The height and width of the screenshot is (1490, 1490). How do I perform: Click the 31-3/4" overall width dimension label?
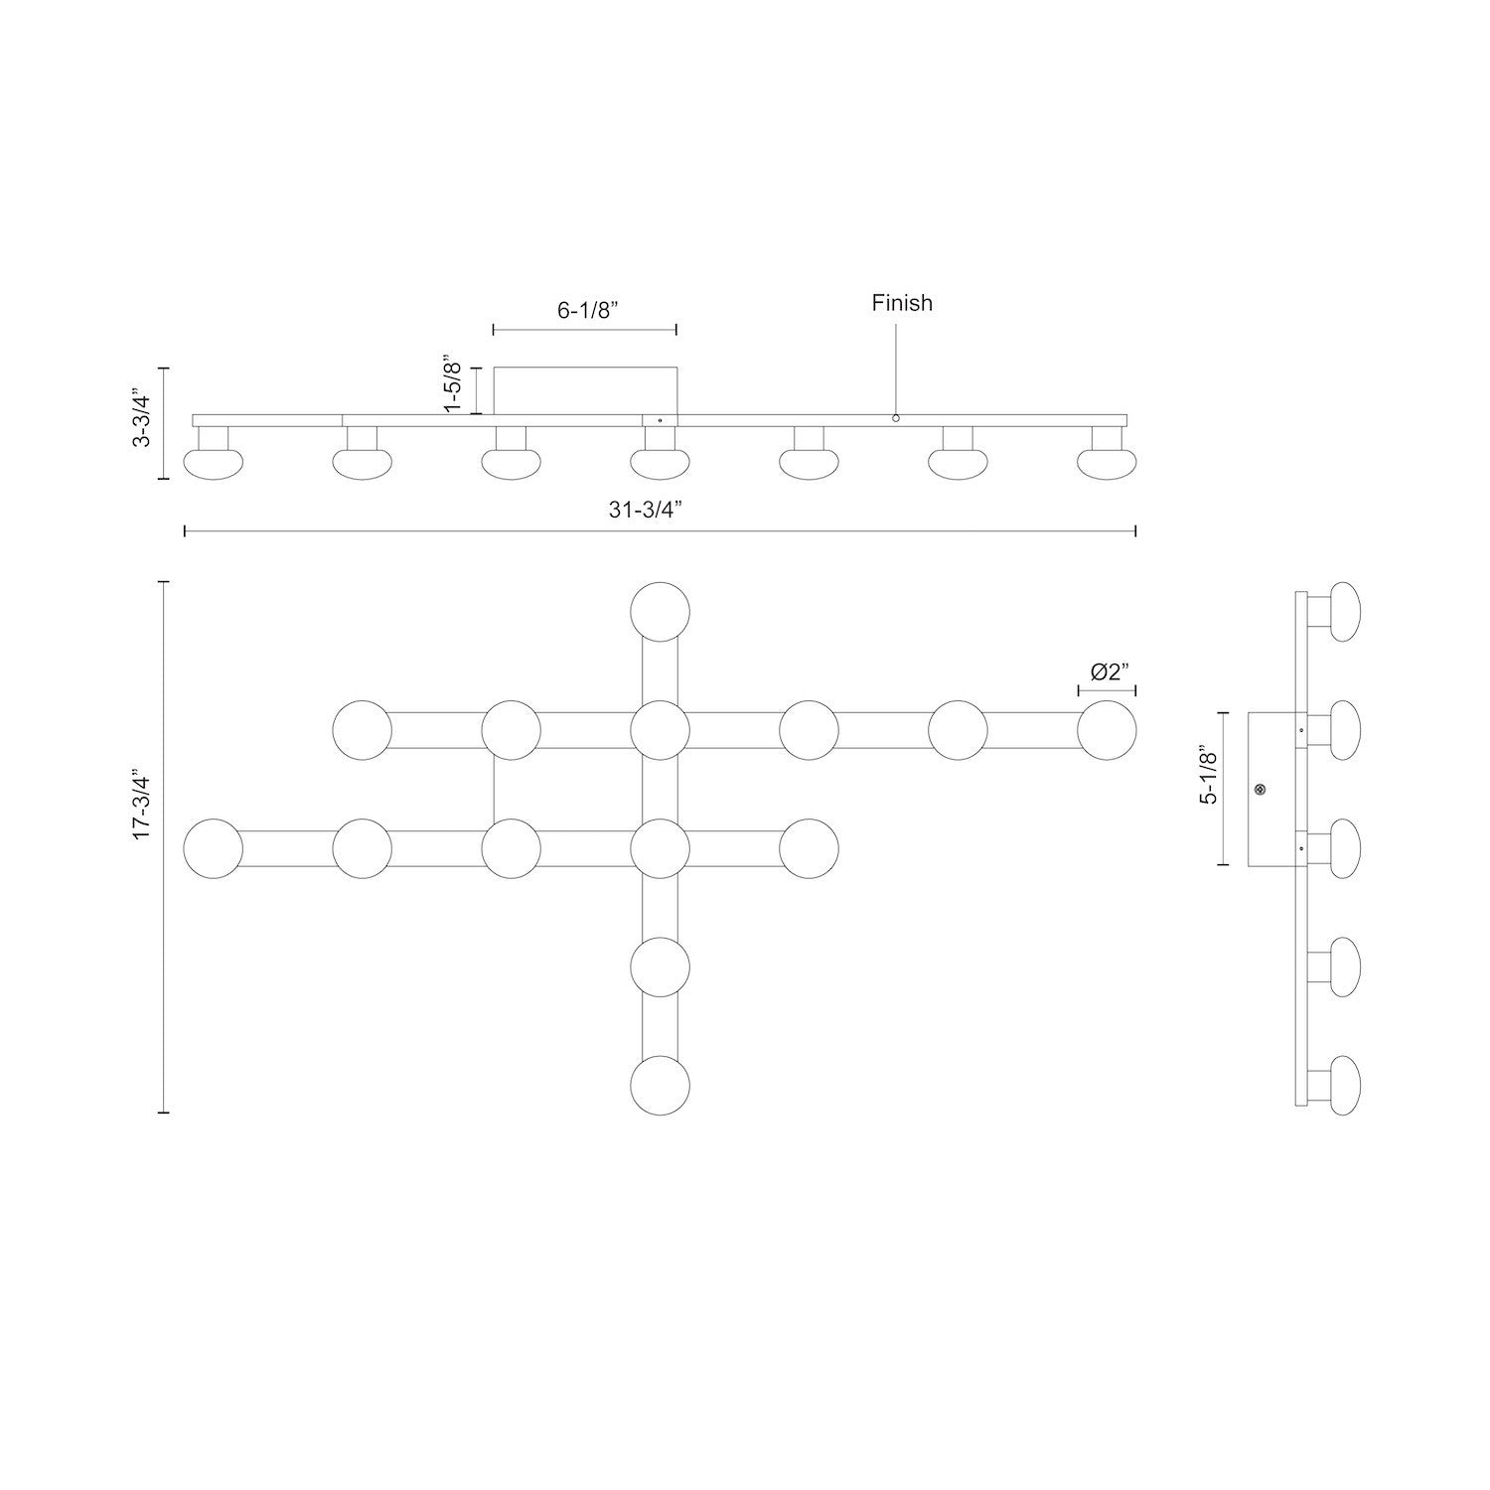coord(660,510)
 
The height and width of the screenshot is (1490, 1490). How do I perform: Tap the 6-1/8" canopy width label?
coord(587,309)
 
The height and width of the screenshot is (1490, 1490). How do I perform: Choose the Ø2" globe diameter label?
coord(1111,672)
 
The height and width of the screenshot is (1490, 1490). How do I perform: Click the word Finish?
coord(902,303)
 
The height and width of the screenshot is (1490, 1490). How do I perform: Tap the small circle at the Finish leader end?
coord(895,418)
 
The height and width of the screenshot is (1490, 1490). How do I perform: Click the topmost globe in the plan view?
coord(661,611)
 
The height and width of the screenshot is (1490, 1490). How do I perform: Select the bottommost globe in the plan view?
coord(661,1085)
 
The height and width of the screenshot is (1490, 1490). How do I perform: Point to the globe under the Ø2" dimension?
coord(1107,730)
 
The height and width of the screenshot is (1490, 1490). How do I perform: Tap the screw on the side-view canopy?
coord(1261,790)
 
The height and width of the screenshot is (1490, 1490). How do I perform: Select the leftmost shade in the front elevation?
coord(213,463)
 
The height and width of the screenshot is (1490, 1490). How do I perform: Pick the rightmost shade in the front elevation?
coord(1107,463)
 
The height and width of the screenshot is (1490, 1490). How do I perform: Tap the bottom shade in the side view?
coord(1344,1083)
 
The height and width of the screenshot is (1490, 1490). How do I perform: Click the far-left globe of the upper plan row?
coord(363,730)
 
